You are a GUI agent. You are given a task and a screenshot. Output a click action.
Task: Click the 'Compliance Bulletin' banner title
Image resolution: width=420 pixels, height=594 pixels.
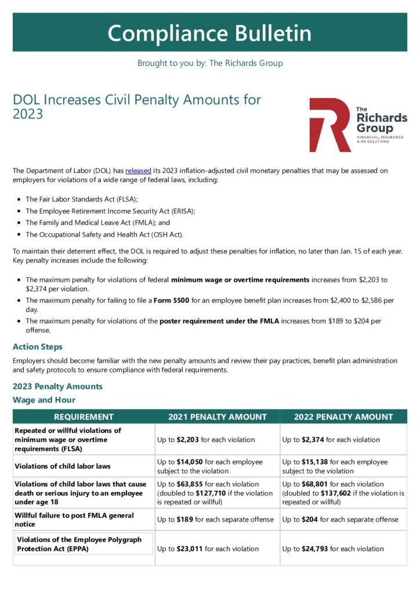tap(209, 32)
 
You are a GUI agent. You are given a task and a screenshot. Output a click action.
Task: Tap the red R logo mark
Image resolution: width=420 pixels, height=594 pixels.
tap(330, 125)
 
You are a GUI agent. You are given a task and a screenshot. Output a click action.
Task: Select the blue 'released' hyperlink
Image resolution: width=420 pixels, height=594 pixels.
tap(138, 171)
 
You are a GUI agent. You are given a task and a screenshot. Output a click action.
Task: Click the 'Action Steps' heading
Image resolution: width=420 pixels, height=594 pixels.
tap(37, 347)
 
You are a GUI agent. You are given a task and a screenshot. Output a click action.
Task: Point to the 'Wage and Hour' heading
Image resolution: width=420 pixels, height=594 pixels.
tap(44, 400)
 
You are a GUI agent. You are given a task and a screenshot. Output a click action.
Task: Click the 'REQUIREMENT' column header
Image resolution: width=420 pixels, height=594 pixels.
tap(84, 416)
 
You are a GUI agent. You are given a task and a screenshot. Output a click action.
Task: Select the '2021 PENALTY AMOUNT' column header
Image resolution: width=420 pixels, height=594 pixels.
tap(217, 416)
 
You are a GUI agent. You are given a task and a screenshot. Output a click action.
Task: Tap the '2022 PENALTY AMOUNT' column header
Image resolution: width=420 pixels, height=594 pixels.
tap(343, 416)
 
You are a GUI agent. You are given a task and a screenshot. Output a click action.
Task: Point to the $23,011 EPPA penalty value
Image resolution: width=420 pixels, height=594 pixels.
tap(189, 549)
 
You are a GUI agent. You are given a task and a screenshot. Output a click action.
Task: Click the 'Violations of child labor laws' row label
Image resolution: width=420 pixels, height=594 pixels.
tap(62, 466)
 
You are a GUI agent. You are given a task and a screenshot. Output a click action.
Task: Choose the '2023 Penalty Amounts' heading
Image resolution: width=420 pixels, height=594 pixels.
tap(57, 386)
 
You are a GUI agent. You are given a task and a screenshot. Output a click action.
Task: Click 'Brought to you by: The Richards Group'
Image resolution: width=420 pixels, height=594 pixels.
tap(209, 63)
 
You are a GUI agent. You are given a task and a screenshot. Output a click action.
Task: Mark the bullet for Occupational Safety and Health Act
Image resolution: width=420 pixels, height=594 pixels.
tap(20, 235)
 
